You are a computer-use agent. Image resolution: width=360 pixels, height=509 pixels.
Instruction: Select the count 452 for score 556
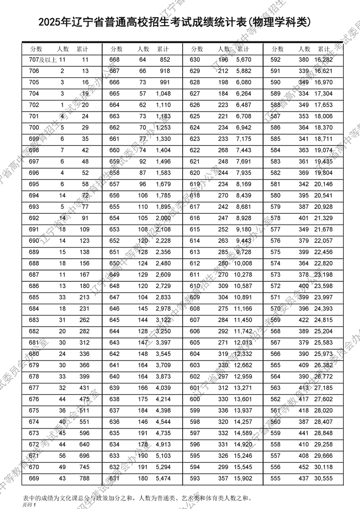pos(304,467)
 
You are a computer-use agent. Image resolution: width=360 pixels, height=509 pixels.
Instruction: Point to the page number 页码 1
pos(28,505)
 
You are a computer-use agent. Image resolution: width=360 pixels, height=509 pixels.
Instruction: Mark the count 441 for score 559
pos(304,432)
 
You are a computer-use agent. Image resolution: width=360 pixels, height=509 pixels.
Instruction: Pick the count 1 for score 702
pos(62,105)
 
